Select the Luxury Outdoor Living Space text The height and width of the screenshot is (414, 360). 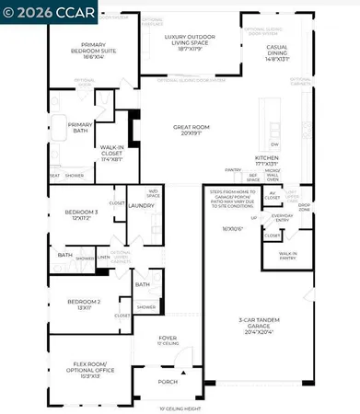(x=188, y=40)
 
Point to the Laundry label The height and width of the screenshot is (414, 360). (x=141, y=206)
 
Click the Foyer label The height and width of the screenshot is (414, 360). (x=168, y=340)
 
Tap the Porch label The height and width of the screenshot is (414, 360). (x=168, y=382)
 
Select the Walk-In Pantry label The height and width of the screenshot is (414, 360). (x=287, y=256)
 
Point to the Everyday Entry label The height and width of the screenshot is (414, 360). (x=283, y=217)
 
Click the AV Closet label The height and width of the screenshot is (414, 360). (x=273, y=195)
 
